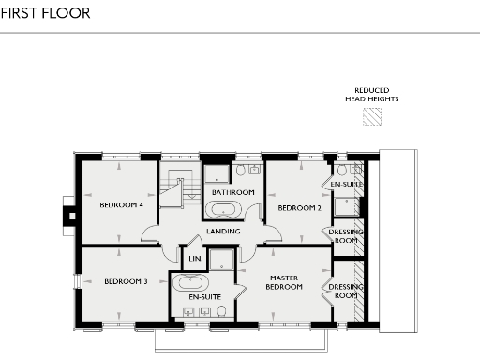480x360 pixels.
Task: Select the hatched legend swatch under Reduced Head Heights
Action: tap(372, 116)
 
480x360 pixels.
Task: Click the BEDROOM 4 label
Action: tap(121, 205)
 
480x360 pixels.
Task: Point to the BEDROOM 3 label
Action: tap(125, 281)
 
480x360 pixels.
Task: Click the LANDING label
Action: tap(224, 231)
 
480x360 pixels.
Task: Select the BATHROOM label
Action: tap(232, 192)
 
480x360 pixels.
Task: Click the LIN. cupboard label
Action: tap(196, 258)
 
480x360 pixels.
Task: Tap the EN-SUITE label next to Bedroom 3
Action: tap(204, 297)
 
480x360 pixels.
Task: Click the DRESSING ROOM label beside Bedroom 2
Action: tap(346, 235)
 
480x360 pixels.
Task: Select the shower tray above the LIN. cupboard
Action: tap(221, 260)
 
